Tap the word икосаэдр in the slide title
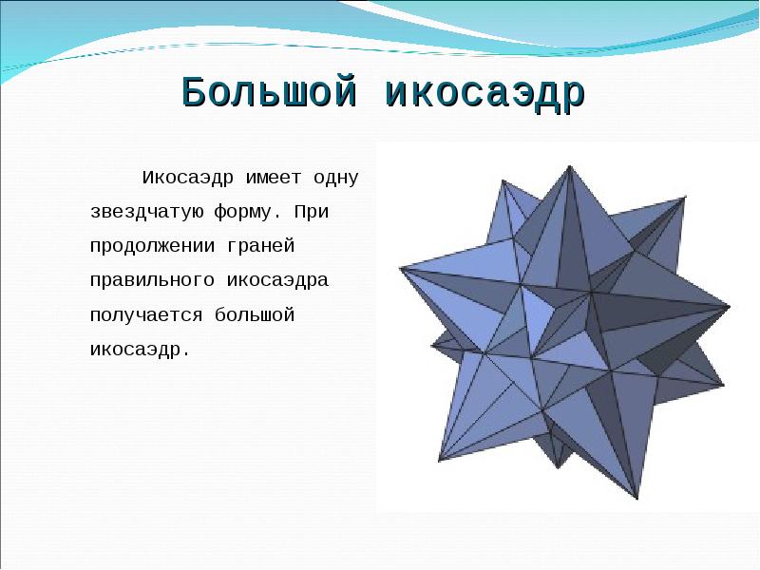(x=484, y=93)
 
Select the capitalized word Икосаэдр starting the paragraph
(x=189, y=177)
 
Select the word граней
(x=262, y=246)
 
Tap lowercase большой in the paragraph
(x=256, y=315)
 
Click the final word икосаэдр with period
(x=140, y=350)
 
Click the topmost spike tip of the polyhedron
(x=569, y=167)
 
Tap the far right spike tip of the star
(x=730, y=307)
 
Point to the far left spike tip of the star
(x=399, y=266)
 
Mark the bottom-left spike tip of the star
(x=439, y=461)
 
